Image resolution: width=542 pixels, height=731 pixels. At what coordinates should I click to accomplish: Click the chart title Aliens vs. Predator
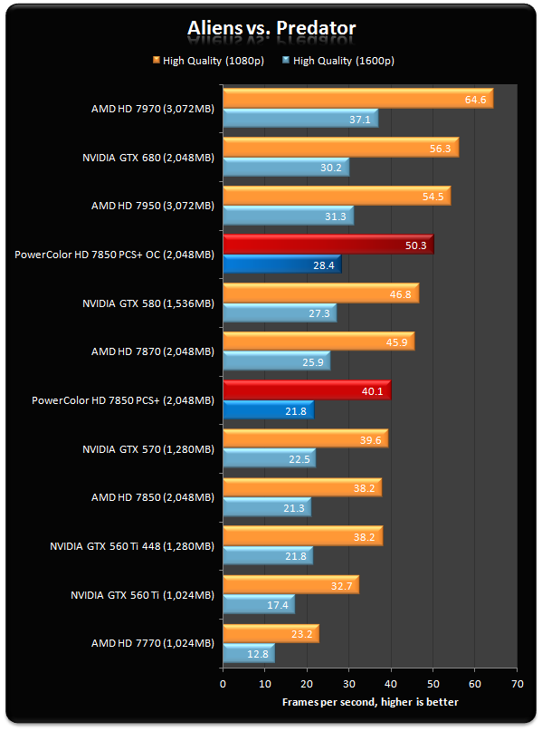[271, 28]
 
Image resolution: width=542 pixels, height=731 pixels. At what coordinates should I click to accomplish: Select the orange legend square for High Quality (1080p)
[156, 61]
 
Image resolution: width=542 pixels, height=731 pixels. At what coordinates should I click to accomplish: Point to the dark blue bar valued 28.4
[281, 265]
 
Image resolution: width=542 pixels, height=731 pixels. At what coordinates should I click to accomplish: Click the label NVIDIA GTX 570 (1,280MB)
[148, 448]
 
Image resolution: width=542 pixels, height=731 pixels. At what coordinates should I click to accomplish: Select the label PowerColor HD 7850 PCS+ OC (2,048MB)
[115, 255]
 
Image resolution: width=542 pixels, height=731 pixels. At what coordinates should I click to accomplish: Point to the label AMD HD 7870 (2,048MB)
[153, 351]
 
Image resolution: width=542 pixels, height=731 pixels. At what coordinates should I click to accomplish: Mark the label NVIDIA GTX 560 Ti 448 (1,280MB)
[132, 545]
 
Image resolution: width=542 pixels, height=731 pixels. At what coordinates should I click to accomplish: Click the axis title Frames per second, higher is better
[369, 702]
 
